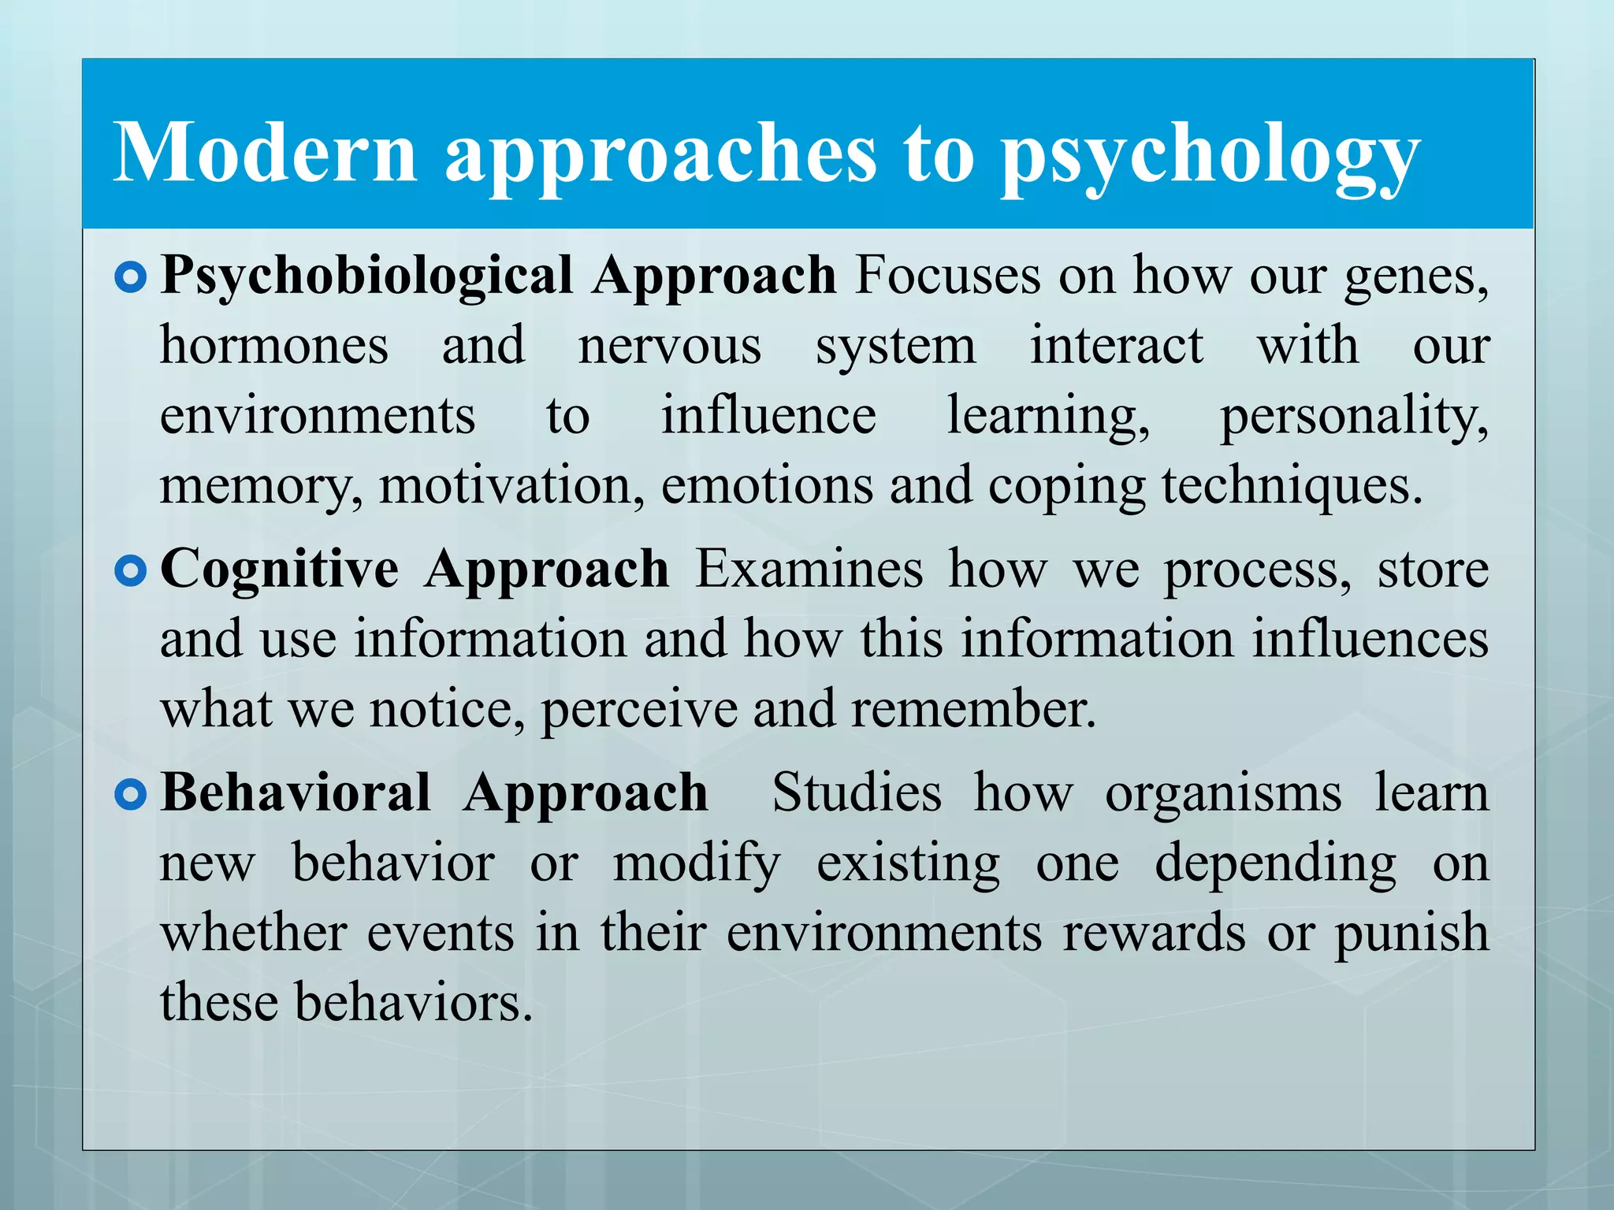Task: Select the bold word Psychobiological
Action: tap(366, 277)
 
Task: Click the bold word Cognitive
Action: tap(280, 569)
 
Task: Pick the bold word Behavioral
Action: tap(296, 792)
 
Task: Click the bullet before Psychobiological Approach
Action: tap(130, 277)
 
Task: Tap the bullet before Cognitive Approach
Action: tap(130, 571)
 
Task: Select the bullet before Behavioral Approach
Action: tap(130, 795)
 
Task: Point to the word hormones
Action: tap(274, 346)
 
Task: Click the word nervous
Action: tap(670, 346)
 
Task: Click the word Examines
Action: tap(809, 569)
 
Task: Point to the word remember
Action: tap(973, 709)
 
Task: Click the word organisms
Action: tap(1223, 794)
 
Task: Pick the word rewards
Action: tap(1155, 933)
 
